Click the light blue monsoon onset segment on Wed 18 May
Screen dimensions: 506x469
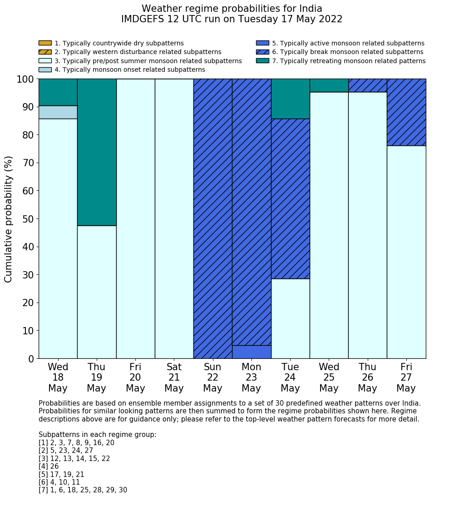click(x=58, y=112)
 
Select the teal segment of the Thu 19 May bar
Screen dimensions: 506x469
click(x=97, y=152)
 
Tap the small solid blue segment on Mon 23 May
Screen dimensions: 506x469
click(x=252, y=352)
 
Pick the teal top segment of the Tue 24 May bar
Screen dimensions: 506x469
click(x=290, y=99)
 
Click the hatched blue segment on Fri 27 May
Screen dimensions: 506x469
click(x=406, y=112)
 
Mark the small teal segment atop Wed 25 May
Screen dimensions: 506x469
click(x=329, y=85)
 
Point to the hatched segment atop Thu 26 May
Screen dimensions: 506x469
click(x=367, y=85)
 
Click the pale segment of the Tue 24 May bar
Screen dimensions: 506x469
click(x=290, y=318)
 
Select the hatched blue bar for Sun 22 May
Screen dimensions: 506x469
click(x=212, y=218)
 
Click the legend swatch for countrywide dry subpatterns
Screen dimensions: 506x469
click(x=45, y=43)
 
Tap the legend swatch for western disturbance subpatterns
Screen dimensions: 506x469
click(x=45, y=52)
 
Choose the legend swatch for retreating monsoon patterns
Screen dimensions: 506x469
click(x=262, y=60)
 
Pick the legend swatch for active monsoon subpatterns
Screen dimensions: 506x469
click(x=262, y=43)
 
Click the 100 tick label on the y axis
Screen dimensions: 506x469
click(x=25, y=79)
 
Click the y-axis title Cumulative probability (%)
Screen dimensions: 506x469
click(x=9, y=219)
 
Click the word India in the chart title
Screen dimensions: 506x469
click(x=309, y=9)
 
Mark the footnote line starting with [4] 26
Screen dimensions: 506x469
click(x=49, y=466)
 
